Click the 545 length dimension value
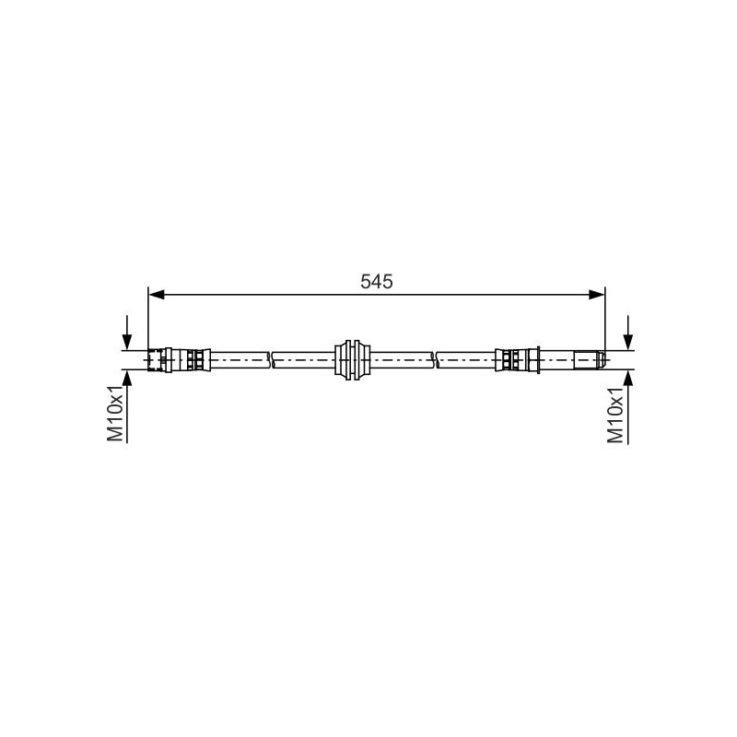(x=376, y=282)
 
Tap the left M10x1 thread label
(x=115, y=414)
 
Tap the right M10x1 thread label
(x=615, y=415)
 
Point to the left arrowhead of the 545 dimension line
(x=157, y=295)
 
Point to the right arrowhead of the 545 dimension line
(x=596, y=295)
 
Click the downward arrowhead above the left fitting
(x=127, y=342)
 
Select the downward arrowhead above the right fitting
(x=627, y=342)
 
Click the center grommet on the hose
(x=352, y=359)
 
